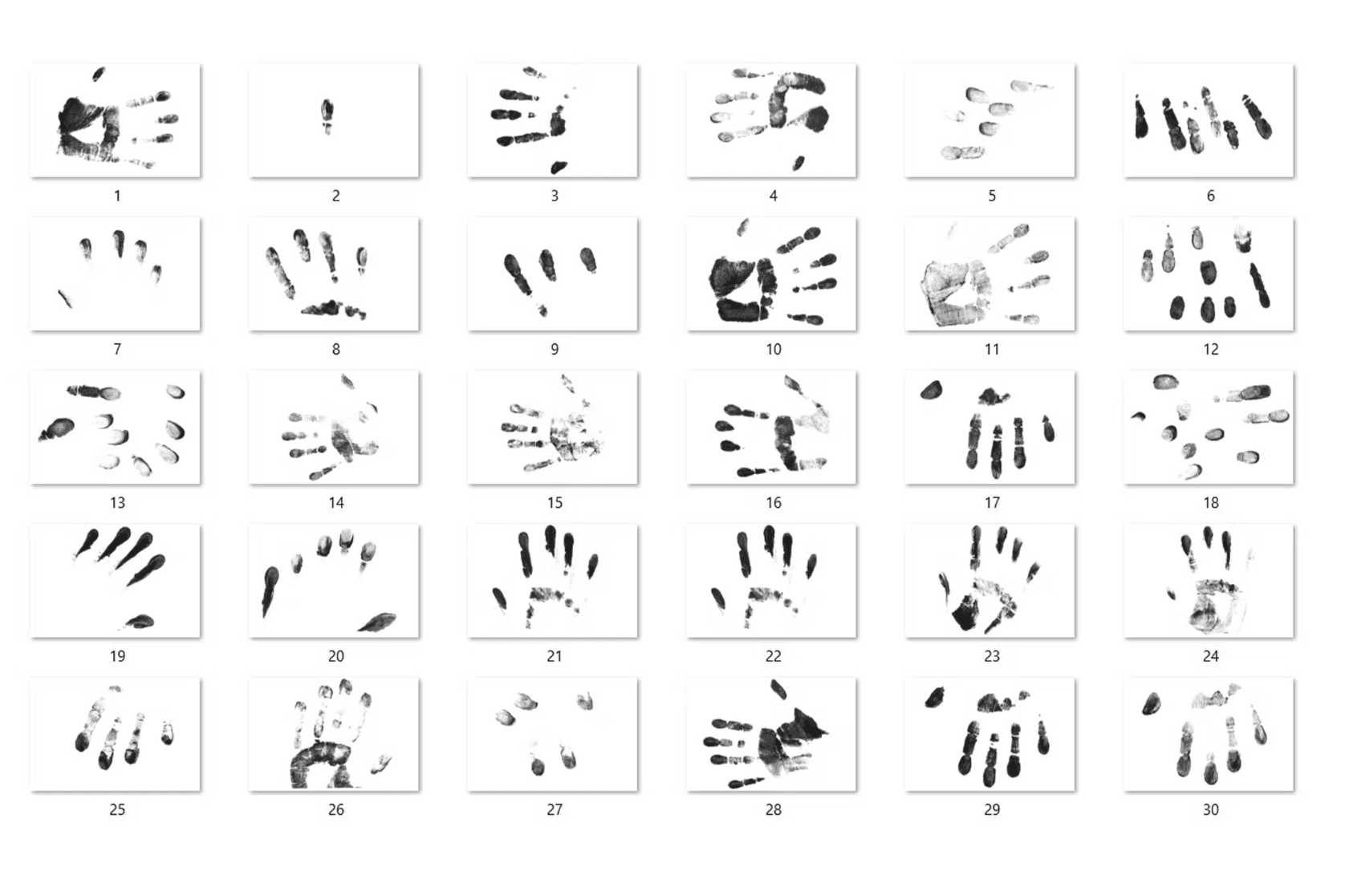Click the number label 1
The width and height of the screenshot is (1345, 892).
tap(117, 196)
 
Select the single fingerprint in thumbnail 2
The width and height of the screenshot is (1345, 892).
tap(327, 116)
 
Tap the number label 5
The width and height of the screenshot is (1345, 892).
tap(992, 196)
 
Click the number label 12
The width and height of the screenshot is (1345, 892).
tap(1210, 350)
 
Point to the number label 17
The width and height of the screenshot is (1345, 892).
tap(992, 503)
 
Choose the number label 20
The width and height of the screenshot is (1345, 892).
tap(335, 657)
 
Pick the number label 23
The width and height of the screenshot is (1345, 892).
tap(992, 657)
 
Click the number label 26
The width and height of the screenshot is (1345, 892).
tap(335, 810)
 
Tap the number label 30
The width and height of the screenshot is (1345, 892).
tap(1210, 810)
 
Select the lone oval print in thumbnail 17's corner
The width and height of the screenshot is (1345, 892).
tap(931, 390)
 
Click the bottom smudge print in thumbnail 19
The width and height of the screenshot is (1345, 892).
tap(140, 622)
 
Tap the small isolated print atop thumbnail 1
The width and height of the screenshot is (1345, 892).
tap(99, 74)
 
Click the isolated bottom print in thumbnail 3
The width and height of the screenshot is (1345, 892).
tap(559, 166)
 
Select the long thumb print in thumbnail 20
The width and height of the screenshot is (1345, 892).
tap(270, 590)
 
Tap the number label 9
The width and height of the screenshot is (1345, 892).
tap(555, 350)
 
